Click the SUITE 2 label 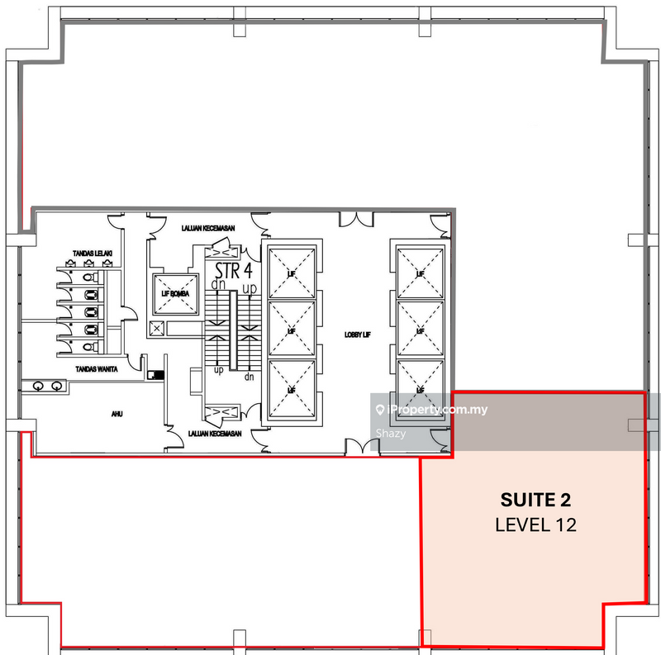535,500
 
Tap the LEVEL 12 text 535,524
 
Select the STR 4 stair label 233,270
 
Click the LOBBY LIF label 358,335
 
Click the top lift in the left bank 289,272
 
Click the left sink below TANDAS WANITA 38,386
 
